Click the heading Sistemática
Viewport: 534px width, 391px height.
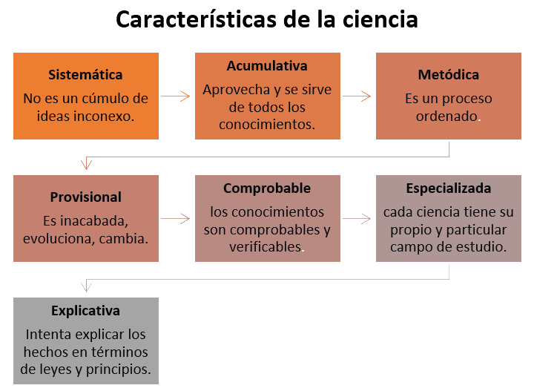(x=85, y=75)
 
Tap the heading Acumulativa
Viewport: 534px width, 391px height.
(x=267, y=66)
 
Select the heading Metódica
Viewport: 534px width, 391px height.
(x=448, y=75)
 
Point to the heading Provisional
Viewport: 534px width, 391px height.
(x=85, y=197)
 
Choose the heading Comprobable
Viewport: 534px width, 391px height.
(x=267, y=188)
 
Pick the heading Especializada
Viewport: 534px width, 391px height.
(x=448, y=188)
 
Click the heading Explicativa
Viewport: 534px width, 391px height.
(x=85, y=311)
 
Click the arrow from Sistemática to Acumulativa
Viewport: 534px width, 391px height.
(x=176, y=96)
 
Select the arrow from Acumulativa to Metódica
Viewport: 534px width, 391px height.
(x=357, y=96)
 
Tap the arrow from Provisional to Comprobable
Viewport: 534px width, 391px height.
(x=176, y=218)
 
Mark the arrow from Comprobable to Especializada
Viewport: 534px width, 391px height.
(x=357, y=218)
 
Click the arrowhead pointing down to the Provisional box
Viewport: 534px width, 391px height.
(x=87, y=163)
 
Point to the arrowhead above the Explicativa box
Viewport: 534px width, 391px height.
(x=87, y=285)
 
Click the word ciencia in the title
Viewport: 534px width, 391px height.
(x=380, y=19)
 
